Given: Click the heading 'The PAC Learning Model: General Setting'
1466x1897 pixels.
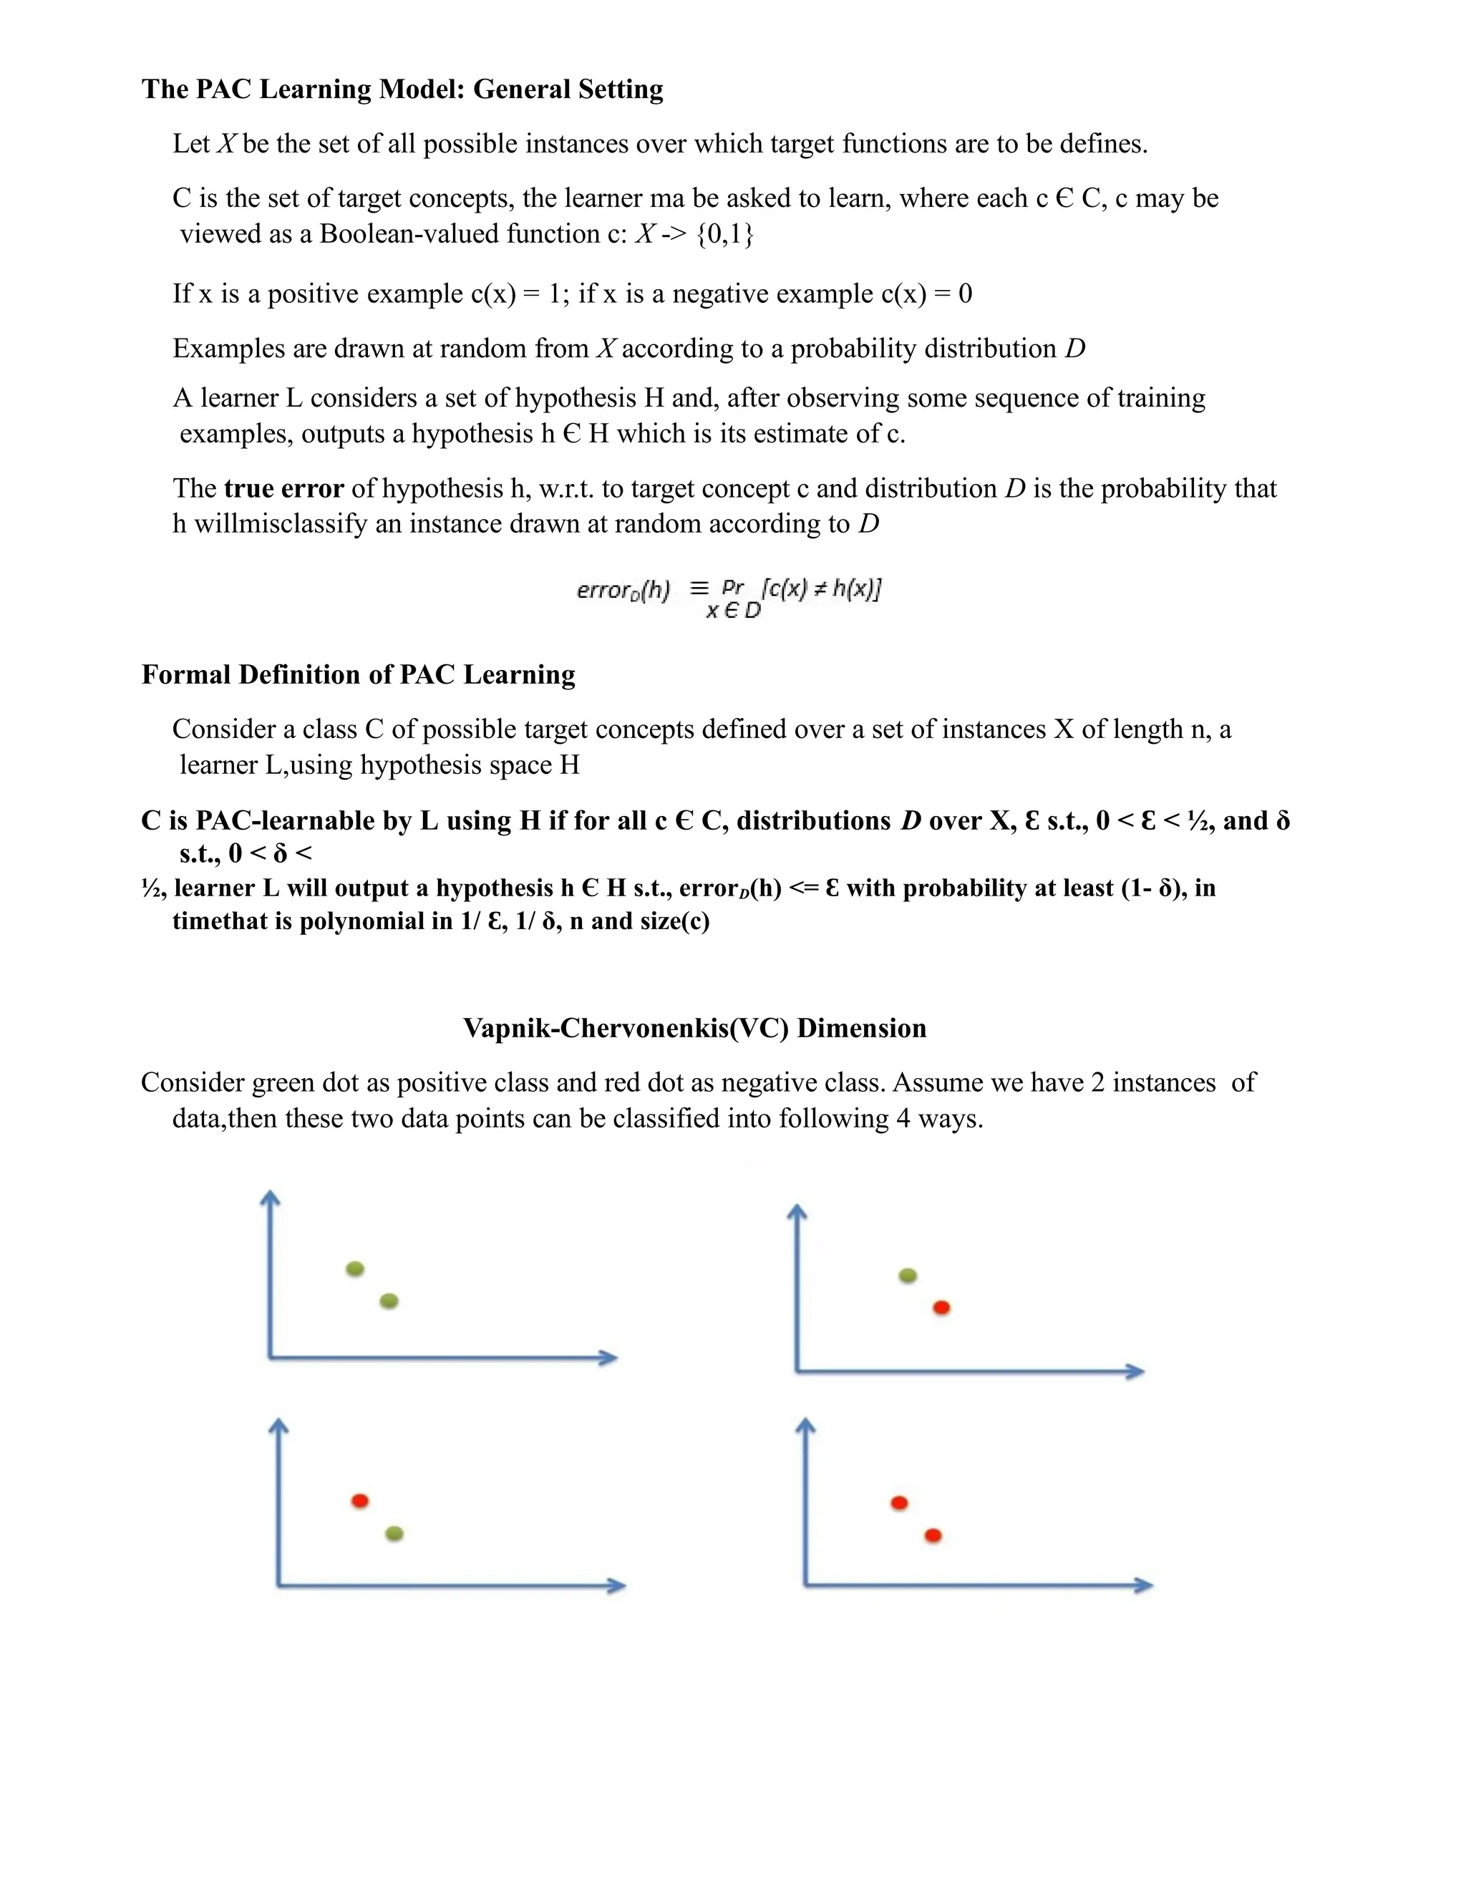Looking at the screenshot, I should click(402, 89).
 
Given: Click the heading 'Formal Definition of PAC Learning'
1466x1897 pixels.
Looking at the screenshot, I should click(358, 675).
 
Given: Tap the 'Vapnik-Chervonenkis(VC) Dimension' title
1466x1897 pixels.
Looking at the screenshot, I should click(695, 1029).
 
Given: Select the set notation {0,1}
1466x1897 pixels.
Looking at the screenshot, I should click(725, 235).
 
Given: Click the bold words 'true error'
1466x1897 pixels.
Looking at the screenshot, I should click(284, 489).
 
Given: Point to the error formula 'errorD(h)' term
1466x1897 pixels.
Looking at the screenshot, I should click(623, 591).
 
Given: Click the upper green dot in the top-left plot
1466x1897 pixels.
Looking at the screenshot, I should click(354, 1269).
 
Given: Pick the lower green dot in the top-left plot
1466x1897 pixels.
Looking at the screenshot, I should click(389, 1301).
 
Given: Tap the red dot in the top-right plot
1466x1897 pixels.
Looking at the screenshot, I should click(941, 1308).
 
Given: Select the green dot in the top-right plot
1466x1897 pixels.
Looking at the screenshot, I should click(908, 1276).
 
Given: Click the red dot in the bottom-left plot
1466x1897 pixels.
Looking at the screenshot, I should click(359, 1501).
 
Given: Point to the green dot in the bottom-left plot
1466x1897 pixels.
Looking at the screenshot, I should click(394, 1534).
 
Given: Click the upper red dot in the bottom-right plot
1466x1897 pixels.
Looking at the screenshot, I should click(900, 1503).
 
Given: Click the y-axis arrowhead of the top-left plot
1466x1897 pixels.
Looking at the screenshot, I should click(271, 1198).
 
